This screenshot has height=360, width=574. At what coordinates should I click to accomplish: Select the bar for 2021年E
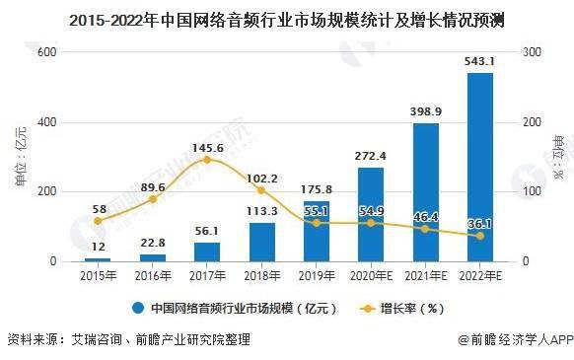[425, 192]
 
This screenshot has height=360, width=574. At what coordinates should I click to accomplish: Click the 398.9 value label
[425, 113]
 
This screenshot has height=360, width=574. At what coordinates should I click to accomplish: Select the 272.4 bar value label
[371, 156]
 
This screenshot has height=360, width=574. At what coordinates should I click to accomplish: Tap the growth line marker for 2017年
[207, 160]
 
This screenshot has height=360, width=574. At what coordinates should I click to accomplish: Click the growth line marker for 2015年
[98, 221]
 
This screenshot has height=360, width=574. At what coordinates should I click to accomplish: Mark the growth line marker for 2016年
[152, 199]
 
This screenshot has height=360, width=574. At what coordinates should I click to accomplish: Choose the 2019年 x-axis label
[316, 276]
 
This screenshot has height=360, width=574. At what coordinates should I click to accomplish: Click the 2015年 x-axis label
[98, 276]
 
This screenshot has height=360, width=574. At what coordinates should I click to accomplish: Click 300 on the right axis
[533, 51]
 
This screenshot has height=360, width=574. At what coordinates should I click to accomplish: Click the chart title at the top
[286, 18]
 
